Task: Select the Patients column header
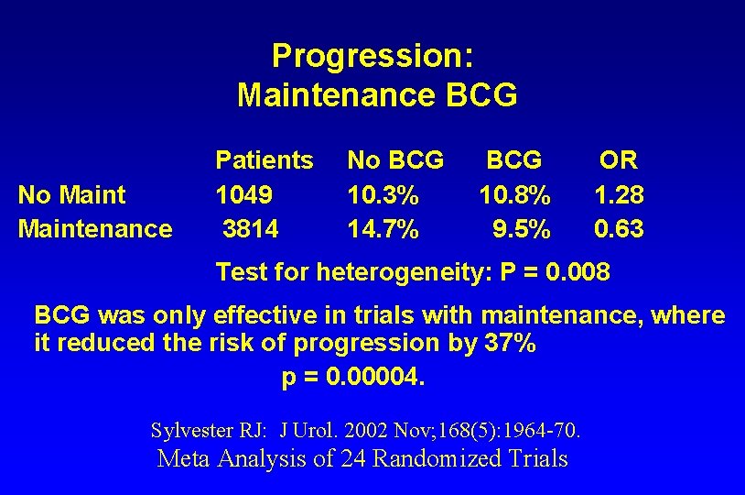[x=264, y=160]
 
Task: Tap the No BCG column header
[x=395, y=160]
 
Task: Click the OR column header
[x=619, y=160]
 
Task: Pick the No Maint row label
[x=72, y=194]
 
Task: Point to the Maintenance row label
[x=95, y=227]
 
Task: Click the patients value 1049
[x=244, y=194]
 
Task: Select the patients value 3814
[x=250, y=227]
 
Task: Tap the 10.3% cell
[x=383, y=194]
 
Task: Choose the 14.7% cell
[x=383, y=227]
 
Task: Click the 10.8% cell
[x=515, y=194]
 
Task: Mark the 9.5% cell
[x=522, y=227]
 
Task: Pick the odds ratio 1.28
[x=619, y=194]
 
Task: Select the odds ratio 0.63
[x=619, y=227]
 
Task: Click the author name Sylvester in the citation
[x=196, y=429]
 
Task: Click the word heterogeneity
[x=392, y=272]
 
